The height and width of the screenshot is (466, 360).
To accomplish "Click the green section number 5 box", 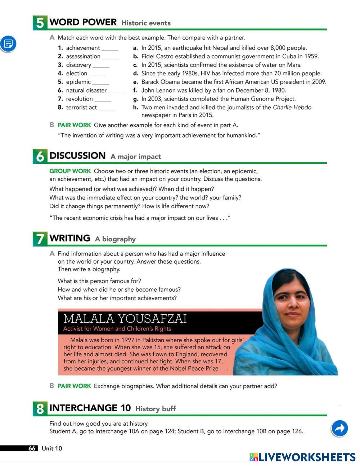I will (40, 23).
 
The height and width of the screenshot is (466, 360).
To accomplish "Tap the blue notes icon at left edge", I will (8, 44).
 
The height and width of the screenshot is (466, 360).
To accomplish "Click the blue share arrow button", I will (339, 428).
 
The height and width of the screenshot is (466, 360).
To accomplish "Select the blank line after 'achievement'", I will (110, 49).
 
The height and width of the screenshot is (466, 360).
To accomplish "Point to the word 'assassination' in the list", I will (83, 56).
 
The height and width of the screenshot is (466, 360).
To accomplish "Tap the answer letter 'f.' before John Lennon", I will (135, 90).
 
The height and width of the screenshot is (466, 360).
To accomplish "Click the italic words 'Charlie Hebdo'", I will (292, 107).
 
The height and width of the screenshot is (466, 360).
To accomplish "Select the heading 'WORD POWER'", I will (83, 22).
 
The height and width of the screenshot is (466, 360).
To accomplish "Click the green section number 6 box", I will (40, 156).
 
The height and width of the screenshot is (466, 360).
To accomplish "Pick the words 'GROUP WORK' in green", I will (70, 171).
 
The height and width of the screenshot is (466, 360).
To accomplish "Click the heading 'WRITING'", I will (70, 238).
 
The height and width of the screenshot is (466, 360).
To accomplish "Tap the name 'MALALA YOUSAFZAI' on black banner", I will (125, 319).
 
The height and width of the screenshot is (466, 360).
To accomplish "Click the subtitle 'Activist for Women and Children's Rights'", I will (117, 328).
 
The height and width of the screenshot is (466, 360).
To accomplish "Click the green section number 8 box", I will (40, 408).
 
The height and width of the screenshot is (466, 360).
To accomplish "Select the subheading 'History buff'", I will (156, 409).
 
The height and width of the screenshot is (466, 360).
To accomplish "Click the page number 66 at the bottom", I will (32, 448).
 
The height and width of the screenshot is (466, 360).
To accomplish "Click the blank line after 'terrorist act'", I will (107, 108).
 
